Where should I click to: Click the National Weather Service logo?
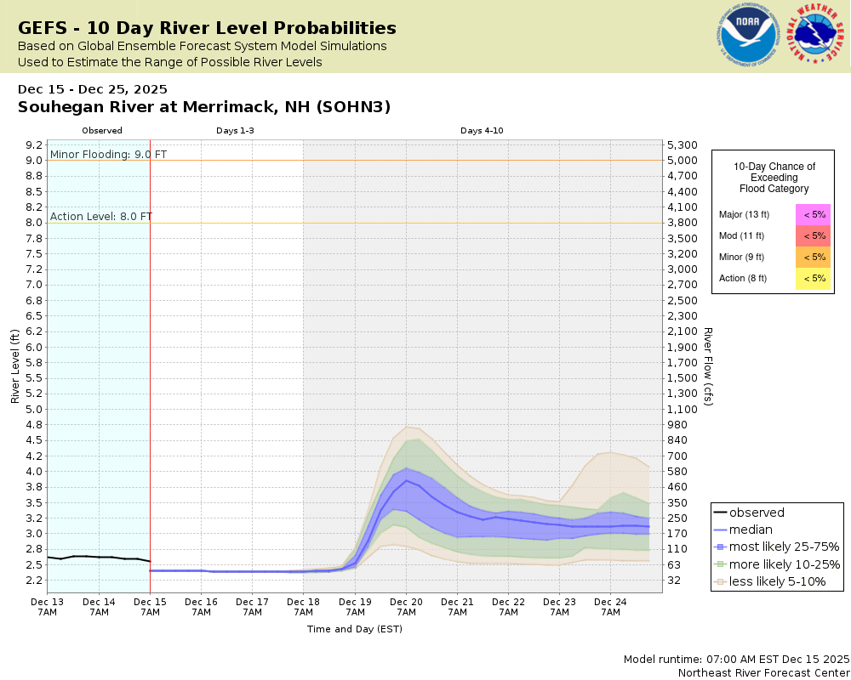(x=818, y=36)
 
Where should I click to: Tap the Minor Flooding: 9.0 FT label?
(x=109, y=154)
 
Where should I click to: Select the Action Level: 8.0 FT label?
(x=101, y=216)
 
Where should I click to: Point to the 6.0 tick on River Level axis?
(x=33, y=347)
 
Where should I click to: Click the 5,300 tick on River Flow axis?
(x=683, y=144)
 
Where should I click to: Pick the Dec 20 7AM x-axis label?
(x=406, y=606)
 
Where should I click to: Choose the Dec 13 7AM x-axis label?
(x=47, y=606)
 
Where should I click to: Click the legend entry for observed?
(x=757, y=513)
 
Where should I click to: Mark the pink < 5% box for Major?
(x=814, y=214)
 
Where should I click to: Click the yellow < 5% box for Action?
(x=814, y=278)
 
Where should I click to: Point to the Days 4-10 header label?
(x=482, y=131)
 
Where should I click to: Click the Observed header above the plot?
(x=102, y=131)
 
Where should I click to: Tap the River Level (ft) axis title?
(x=15, y=365)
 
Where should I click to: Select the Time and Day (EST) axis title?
(x=354, y=629)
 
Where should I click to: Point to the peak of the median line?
(x=407, y=480)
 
